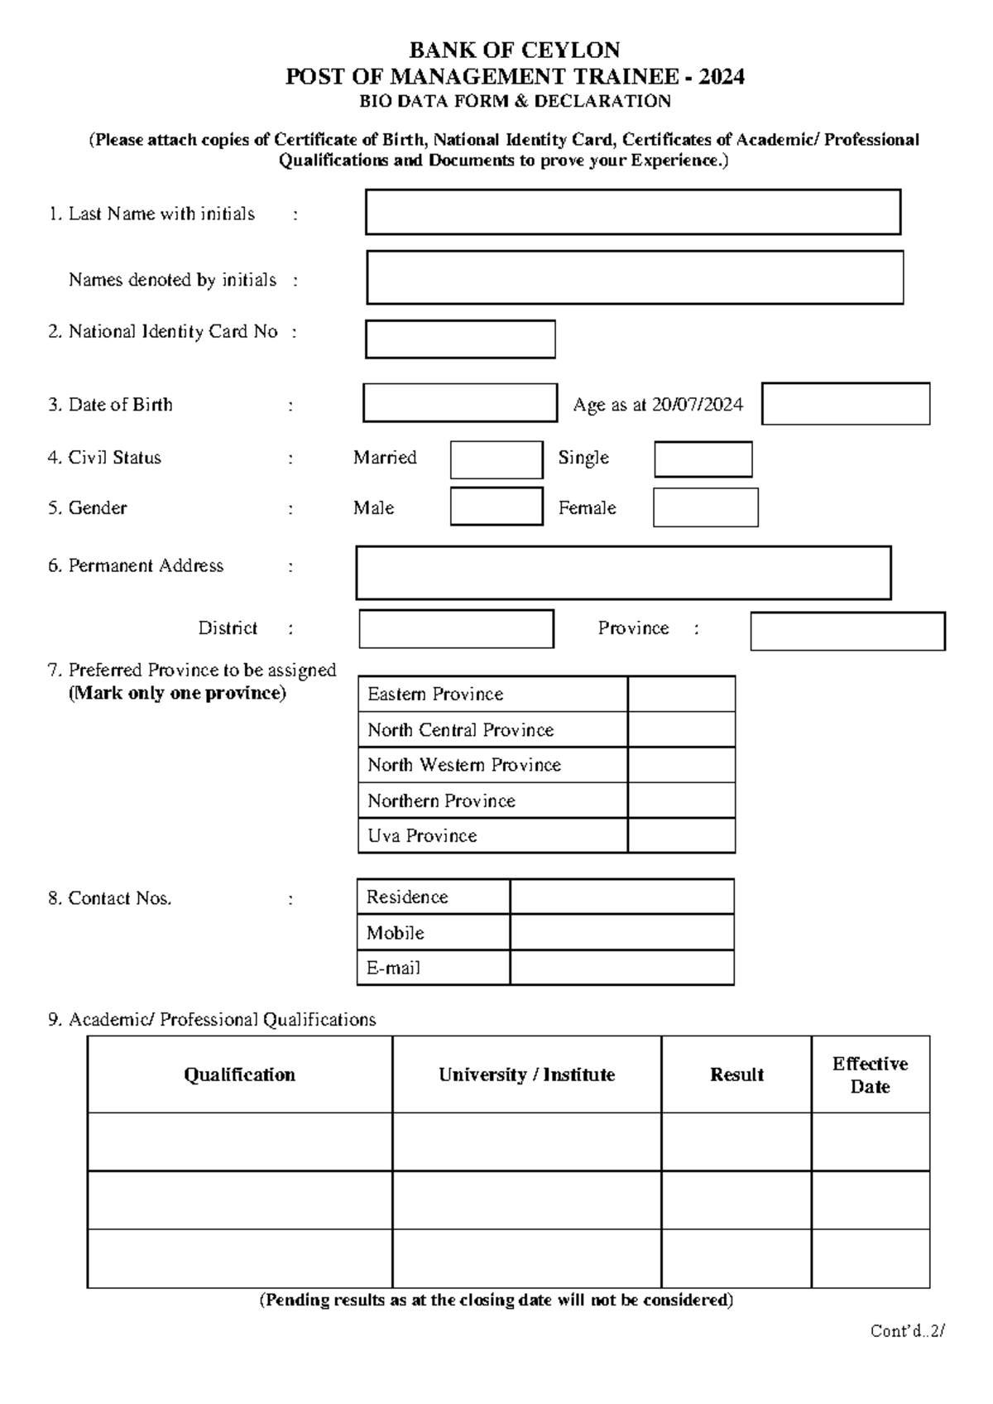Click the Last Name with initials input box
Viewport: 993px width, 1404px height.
633,212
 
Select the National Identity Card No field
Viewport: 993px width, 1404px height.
460,339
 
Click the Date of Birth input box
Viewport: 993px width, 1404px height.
460,403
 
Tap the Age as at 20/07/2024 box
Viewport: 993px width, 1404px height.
846,403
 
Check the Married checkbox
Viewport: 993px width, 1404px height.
496,460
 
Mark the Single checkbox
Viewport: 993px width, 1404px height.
703,459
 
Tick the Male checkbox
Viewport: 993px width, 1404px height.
496,507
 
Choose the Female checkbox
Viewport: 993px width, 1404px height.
705,507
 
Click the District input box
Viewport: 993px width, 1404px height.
456,629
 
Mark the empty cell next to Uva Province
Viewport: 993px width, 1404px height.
681,835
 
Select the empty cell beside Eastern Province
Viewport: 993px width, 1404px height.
681,694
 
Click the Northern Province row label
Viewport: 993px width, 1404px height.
441,801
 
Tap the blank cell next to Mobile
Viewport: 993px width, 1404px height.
621,932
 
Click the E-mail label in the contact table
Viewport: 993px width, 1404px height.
394,968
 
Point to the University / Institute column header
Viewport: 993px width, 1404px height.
526,1075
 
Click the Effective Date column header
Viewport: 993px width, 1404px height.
870,1075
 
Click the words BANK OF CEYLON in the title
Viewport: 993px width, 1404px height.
515,50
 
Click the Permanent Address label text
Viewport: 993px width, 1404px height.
146,565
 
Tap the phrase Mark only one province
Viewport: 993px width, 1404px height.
177,693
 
